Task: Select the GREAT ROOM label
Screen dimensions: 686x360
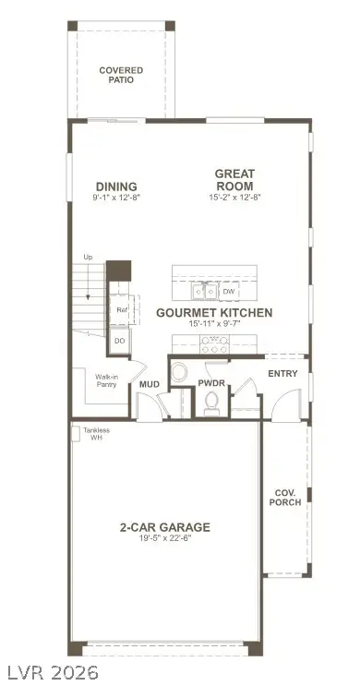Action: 234,179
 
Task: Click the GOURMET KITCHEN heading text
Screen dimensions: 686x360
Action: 213,313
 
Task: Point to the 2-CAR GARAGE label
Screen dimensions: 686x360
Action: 164,527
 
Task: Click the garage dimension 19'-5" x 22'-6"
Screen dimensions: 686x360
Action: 164,538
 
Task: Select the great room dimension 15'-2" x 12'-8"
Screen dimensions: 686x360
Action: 234,198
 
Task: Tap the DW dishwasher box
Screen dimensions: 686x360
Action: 230,292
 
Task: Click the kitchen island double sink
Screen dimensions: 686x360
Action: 205,292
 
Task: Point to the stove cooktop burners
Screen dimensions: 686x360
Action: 216,344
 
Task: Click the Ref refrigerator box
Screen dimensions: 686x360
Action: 120,310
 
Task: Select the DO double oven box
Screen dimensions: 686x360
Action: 120,341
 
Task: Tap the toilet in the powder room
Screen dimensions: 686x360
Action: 212,399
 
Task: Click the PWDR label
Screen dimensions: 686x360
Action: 212,382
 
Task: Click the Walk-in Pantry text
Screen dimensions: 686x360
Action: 106,380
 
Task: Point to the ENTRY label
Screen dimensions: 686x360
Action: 282,373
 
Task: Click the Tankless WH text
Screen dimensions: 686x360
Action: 96,433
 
